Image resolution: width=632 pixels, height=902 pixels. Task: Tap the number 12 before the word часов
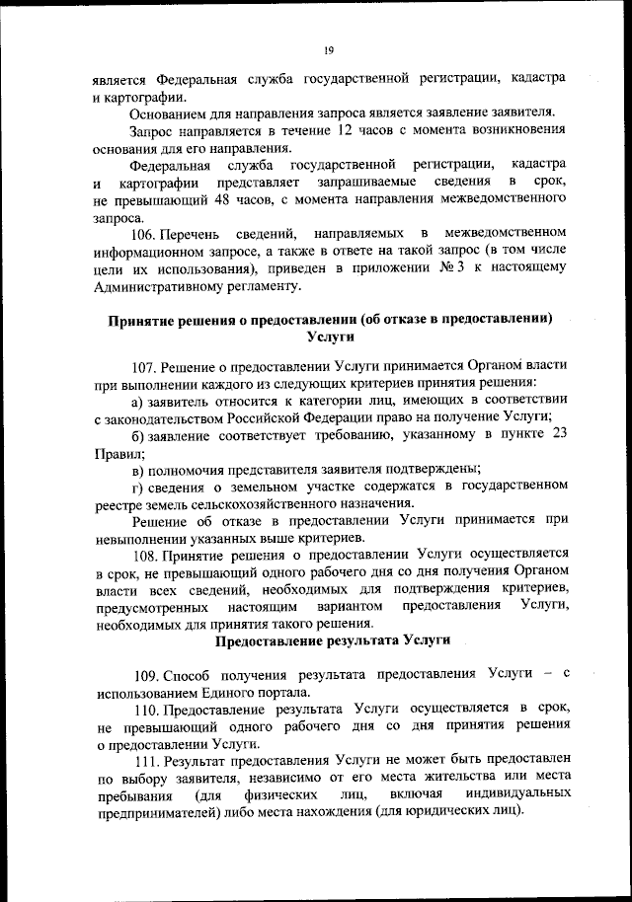(x=345, y=131)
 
